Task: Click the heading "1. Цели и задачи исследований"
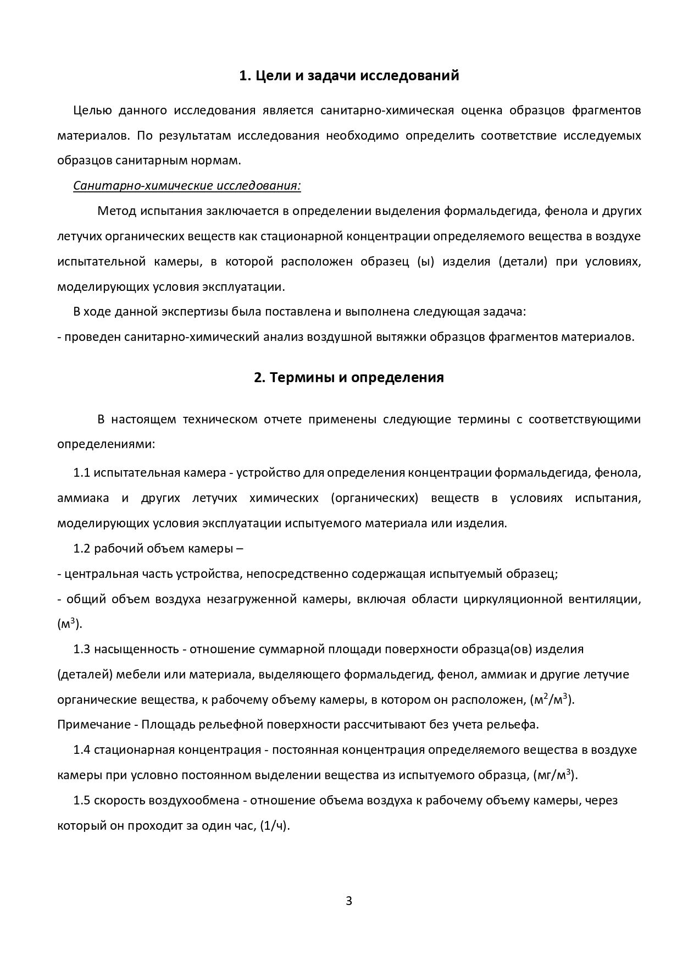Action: tap(349, 76)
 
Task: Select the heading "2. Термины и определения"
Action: tap(349, 378)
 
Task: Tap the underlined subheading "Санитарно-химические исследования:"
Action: tap(187, 186)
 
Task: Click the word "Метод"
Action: tap(114, 211)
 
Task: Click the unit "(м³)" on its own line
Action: tap(69, 624)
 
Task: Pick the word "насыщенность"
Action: tap(136, 649)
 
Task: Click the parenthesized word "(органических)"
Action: tap(375, 498)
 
